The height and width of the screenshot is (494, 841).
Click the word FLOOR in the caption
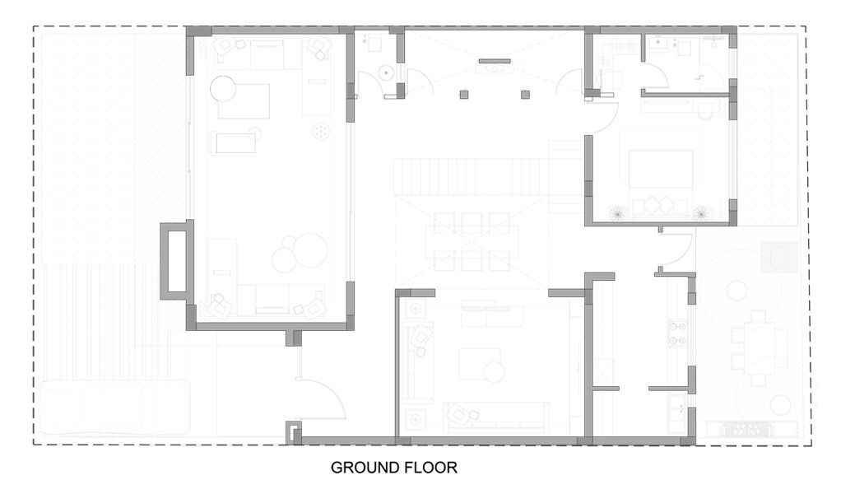point(433,468)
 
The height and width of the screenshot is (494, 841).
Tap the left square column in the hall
point(464,95)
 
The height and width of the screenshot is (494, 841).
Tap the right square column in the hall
point(526,95)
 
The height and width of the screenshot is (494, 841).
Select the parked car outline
point(114,407)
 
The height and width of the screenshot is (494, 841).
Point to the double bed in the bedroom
point(661,169)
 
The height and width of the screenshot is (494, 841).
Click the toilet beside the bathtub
point(706,111)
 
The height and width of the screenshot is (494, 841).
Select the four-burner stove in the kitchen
point(677,333)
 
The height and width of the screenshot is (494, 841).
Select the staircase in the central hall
point(472,176)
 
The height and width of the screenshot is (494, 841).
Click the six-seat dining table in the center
point(472,242)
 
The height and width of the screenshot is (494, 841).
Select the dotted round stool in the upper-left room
point(321,131)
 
